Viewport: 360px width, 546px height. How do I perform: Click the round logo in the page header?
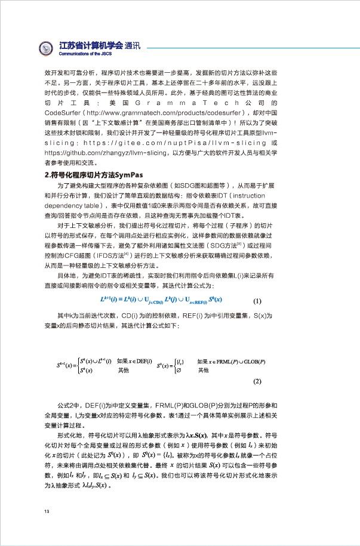click(47, 47)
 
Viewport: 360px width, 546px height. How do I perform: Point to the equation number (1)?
click(257, 301)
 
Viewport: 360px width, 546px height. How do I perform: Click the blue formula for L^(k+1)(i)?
click(161, 300)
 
